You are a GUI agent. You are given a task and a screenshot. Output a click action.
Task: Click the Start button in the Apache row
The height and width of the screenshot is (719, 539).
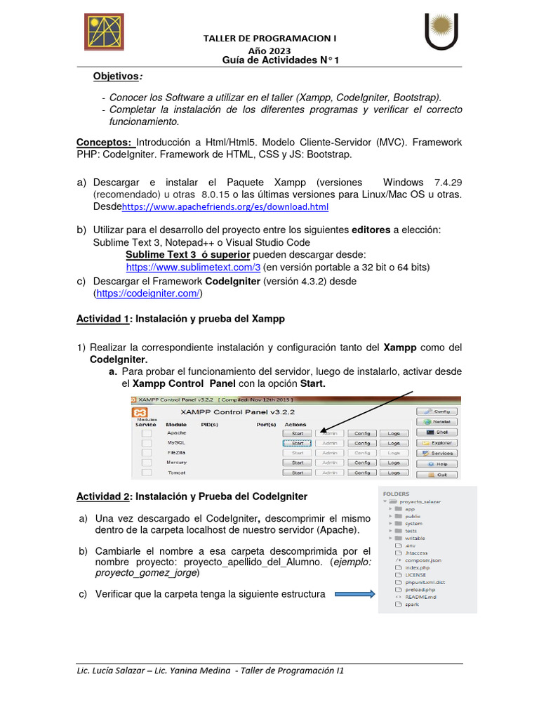(x=298, y=433)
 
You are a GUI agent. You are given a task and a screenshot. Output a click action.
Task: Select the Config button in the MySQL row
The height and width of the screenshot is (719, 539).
(x=362, y=443)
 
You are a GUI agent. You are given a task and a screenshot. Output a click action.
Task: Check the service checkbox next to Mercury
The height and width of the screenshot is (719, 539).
(x=146, y=463)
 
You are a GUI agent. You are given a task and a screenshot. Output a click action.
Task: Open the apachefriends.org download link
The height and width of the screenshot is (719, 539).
(x=225, y=207)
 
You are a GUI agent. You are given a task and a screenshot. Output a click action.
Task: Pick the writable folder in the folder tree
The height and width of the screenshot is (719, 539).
(x=415, y=539)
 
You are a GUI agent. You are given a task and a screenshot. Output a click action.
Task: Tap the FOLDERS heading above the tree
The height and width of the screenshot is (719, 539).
(x=396, y=494)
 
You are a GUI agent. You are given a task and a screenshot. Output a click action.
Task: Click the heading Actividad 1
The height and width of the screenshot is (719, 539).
(x=103, y=319)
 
